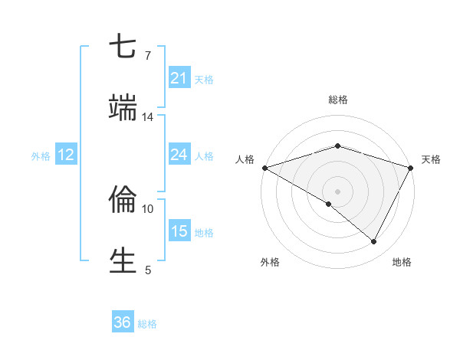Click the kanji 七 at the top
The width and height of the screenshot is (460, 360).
[x=123, y=47]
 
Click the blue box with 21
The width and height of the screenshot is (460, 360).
[x=179, y=78]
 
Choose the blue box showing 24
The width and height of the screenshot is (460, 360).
[x=179, y=155]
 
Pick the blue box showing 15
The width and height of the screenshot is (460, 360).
[x=179, y=231]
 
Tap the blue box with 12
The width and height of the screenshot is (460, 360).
[x=65, y=155]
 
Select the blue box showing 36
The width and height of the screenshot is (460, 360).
[x=123, y=322]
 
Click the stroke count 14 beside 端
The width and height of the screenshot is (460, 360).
[x=148, y=117]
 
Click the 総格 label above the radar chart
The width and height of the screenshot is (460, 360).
[x=338, y=100]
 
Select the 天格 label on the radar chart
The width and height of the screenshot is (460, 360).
[x=431, y=159]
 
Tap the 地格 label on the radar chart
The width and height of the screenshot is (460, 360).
[x=402, y=262]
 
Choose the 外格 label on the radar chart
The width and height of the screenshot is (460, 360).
[x=270, y=262]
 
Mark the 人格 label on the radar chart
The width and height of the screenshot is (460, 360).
[x=245, y=159]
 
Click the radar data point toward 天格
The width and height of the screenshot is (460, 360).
[x=412, y=168]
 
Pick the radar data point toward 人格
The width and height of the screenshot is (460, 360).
[x=264, y=168]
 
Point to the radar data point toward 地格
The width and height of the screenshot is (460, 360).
[x=374, y=241]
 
